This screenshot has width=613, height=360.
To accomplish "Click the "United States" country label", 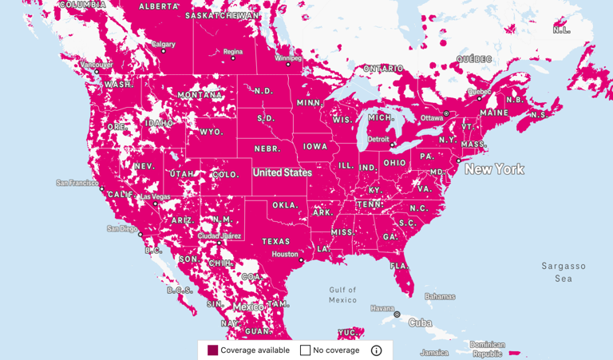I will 283,172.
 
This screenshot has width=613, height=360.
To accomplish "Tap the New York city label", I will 494,169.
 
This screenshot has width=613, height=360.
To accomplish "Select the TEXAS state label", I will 276,241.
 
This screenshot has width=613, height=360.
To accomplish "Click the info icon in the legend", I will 376,350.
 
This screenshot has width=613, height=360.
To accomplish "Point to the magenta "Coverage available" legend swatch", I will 212,350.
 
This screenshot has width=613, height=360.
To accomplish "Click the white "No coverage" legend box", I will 305,350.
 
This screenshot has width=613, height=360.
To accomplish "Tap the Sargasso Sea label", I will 564,272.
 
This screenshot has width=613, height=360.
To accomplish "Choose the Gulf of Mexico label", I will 342,295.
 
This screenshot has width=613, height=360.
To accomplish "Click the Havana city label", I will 382,308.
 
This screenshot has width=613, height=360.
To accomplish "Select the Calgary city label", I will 164,45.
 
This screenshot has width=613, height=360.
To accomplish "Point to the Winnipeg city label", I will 288,58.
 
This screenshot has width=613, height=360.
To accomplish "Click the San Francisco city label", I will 77,183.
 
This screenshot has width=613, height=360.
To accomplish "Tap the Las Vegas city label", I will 155,196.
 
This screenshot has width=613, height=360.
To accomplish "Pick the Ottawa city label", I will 431,118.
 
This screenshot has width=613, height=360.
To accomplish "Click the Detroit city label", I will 378,140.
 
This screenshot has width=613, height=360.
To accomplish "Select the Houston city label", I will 284,255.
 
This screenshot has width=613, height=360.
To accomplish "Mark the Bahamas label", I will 439,296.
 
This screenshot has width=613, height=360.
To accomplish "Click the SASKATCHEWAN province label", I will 222,15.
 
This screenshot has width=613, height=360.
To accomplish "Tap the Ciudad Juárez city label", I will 219,235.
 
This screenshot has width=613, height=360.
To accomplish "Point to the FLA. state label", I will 400,266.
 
